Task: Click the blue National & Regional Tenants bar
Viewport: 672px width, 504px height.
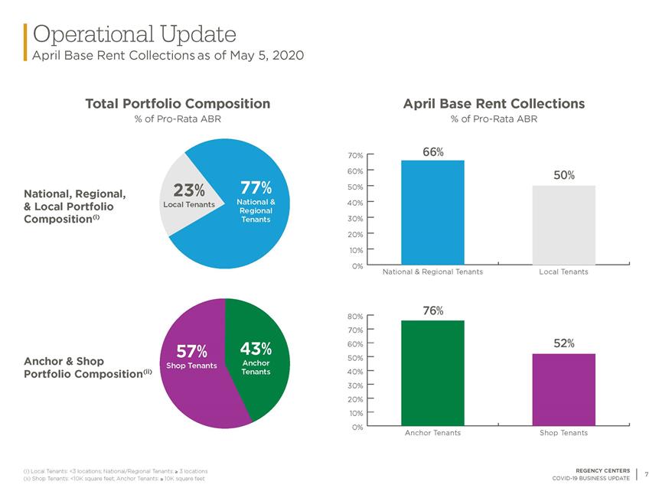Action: coord(432,213)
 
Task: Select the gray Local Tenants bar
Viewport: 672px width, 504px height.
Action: coord(563,226)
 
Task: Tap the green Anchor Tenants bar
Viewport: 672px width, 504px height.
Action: coord(432,373)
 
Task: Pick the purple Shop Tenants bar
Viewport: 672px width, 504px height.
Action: coord(563,390)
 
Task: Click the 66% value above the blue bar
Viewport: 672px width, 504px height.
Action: coord(433,152)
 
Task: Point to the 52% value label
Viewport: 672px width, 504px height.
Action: coord(564,343)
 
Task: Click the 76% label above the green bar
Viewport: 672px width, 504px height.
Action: coord(433,311)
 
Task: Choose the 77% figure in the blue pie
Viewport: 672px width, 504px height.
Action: coord(256,187)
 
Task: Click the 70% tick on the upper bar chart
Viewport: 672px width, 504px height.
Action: coord(355,155)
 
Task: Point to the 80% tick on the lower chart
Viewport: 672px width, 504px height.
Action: coord(355,317)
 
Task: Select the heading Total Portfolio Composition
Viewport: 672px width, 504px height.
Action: coord(178,103)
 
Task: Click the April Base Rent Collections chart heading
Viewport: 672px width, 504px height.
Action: coord(494,103)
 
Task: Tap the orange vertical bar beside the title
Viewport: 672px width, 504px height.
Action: coord(25,42)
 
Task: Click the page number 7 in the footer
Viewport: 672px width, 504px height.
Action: coord(647,474)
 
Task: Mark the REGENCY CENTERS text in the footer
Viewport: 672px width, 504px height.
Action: coord(602,470)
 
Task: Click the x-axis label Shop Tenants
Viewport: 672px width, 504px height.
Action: coord(563,433)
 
